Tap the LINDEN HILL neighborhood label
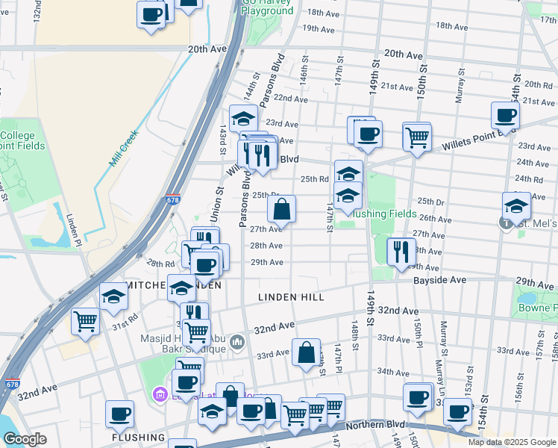click(291, 297)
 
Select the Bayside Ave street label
click(441, 279)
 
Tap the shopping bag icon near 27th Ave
click(281, 210)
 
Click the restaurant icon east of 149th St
click(401, 252)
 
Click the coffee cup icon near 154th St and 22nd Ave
click(505, 116)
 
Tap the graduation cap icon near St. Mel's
click(516, 206)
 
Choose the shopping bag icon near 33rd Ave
click(306, 352)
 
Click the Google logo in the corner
click(25, 439)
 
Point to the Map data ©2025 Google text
click(511, 442)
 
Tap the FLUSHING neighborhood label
click(138, 437)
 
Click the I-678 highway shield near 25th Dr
click(172, 200)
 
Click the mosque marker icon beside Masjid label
click(237, 342)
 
